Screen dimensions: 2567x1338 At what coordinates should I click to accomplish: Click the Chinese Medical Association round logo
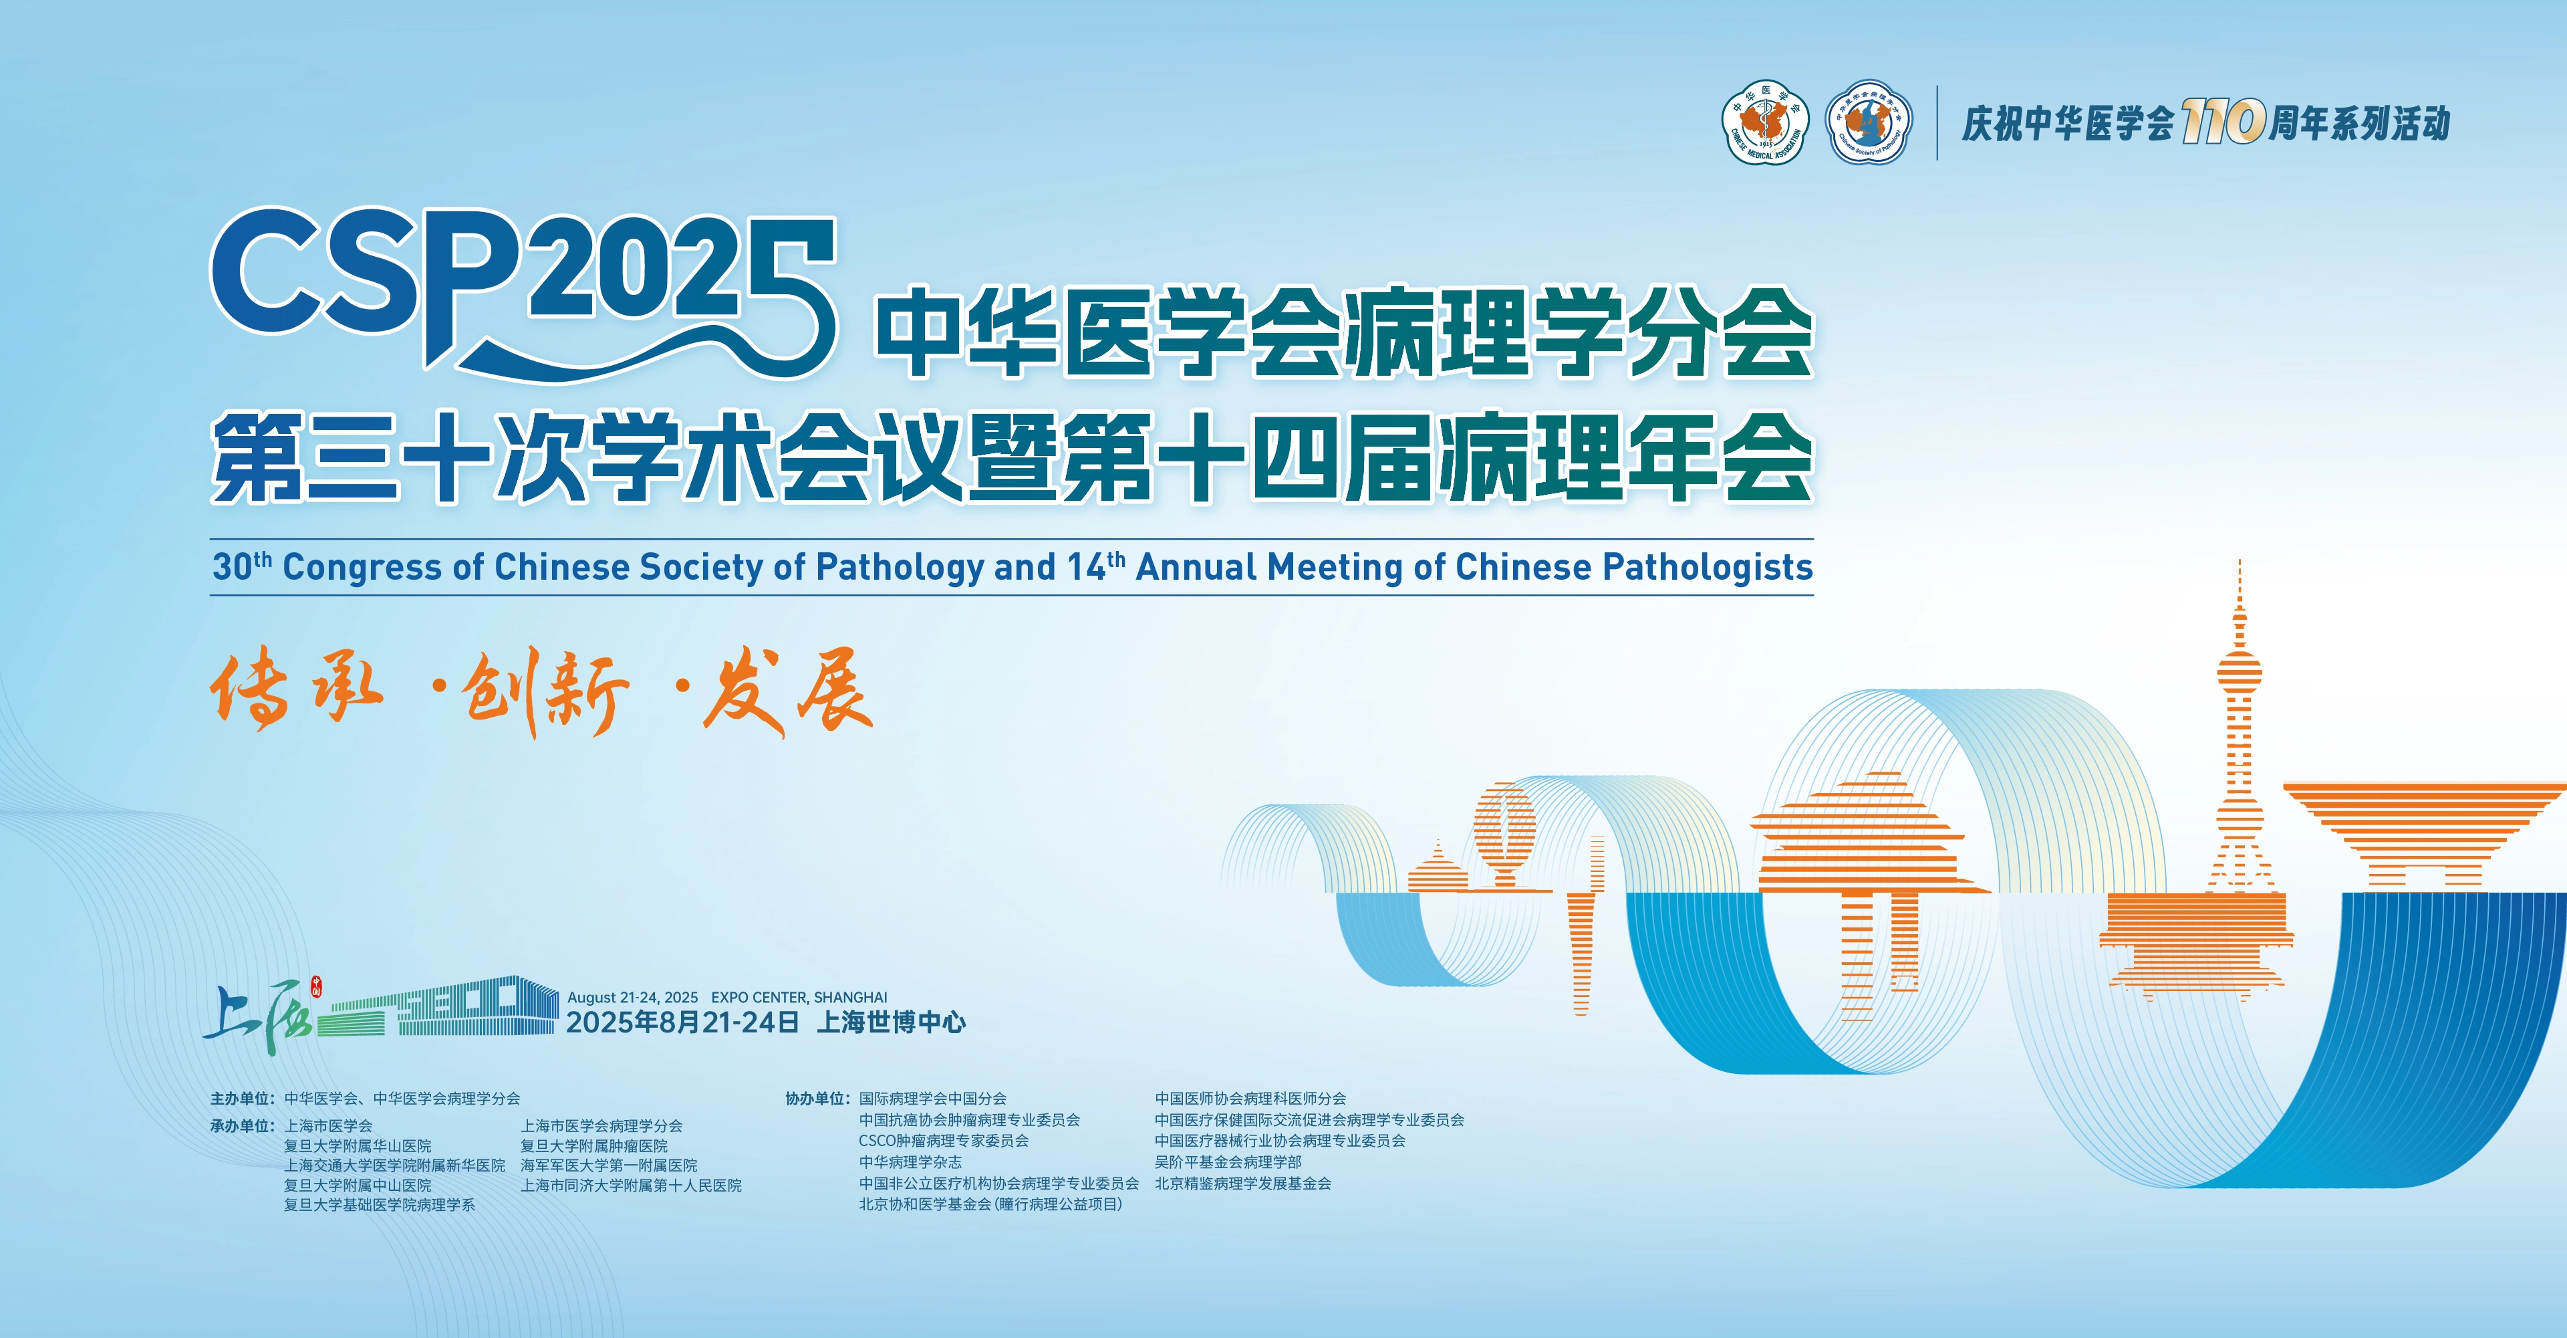coord(1765,122)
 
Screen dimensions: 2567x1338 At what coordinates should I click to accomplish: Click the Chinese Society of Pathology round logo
coord(1869,122)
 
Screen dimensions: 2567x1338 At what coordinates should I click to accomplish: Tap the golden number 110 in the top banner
coord(2223,122)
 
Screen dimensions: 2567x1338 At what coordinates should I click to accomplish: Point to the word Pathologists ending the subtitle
coord(1707,567)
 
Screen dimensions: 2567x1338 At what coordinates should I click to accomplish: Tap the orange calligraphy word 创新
coord(546,693)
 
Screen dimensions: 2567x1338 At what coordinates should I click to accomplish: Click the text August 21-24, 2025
coord(633,997)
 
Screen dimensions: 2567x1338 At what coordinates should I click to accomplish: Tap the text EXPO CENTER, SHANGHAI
coord(799,997)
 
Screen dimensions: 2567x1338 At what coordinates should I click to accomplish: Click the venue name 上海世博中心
coord(891,1022)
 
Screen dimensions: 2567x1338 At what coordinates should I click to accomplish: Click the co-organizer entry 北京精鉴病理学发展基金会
coord(1242,1184)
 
